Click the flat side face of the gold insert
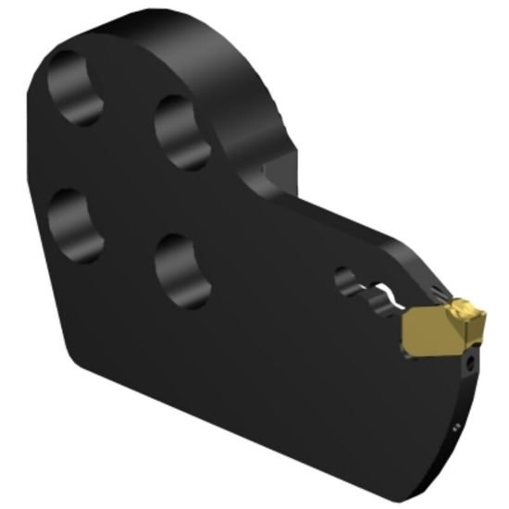coord(428,330)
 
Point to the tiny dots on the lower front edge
coord(455,428)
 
